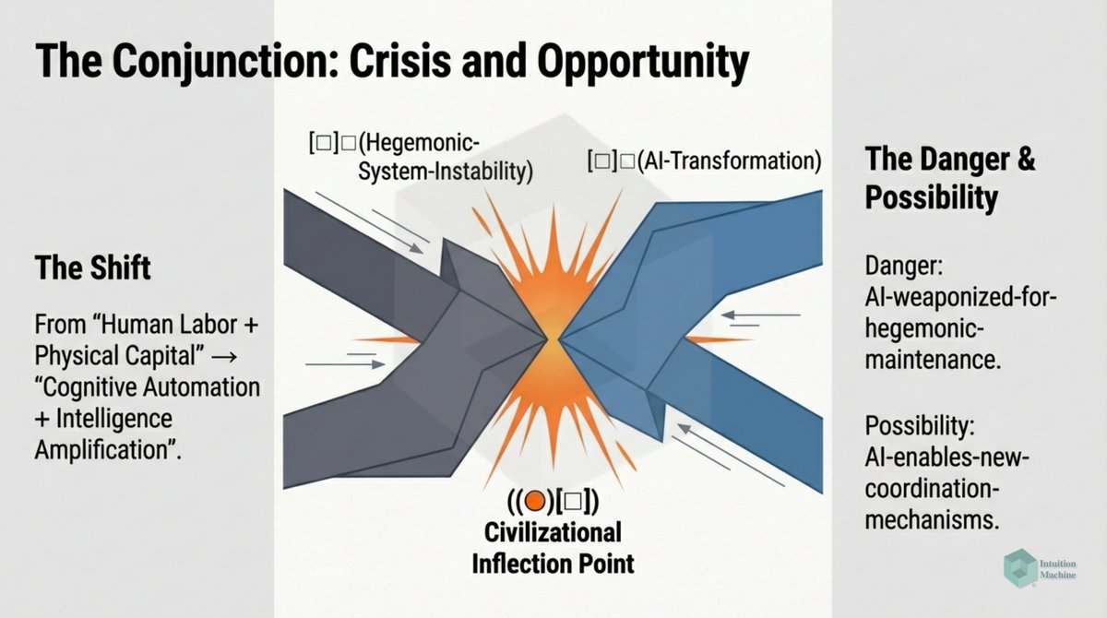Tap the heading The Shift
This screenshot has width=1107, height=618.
coord(92,268)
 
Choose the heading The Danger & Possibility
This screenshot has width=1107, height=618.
coord(950,177)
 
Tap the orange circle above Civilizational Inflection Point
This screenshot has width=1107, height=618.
coord(537,502)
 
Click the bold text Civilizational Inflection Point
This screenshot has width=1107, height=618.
coord(553,547)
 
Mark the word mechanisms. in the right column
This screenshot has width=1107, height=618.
coord(932,519)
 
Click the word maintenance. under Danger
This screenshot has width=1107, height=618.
coord(932,360)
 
